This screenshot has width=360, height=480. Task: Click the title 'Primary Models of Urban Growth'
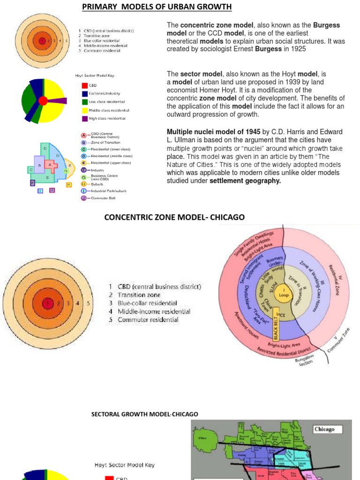point(157,7)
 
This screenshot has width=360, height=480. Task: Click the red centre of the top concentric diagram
point(42,41)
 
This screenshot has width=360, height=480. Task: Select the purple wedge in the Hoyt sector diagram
point(57,100)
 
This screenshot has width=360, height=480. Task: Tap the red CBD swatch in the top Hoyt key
point(85,85)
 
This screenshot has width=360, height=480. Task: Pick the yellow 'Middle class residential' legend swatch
point(85,110)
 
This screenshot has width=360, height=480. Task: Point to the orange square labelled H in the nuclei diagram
point(69,185)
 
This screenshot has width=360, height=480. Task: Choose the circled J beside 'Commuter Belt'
point(83,198)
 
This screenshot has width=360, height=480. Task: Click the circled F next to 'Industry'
point(83,170)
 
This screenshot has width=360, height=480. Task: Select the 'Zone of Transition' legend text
point(105,142)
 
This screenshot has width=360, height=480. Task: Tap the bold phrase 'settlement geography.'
point(245,180)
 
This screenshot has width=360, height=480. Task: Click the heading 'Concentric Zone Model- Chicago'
point(174,217)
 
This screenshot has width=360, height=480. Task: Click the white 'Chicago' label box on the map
point(327,429)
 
